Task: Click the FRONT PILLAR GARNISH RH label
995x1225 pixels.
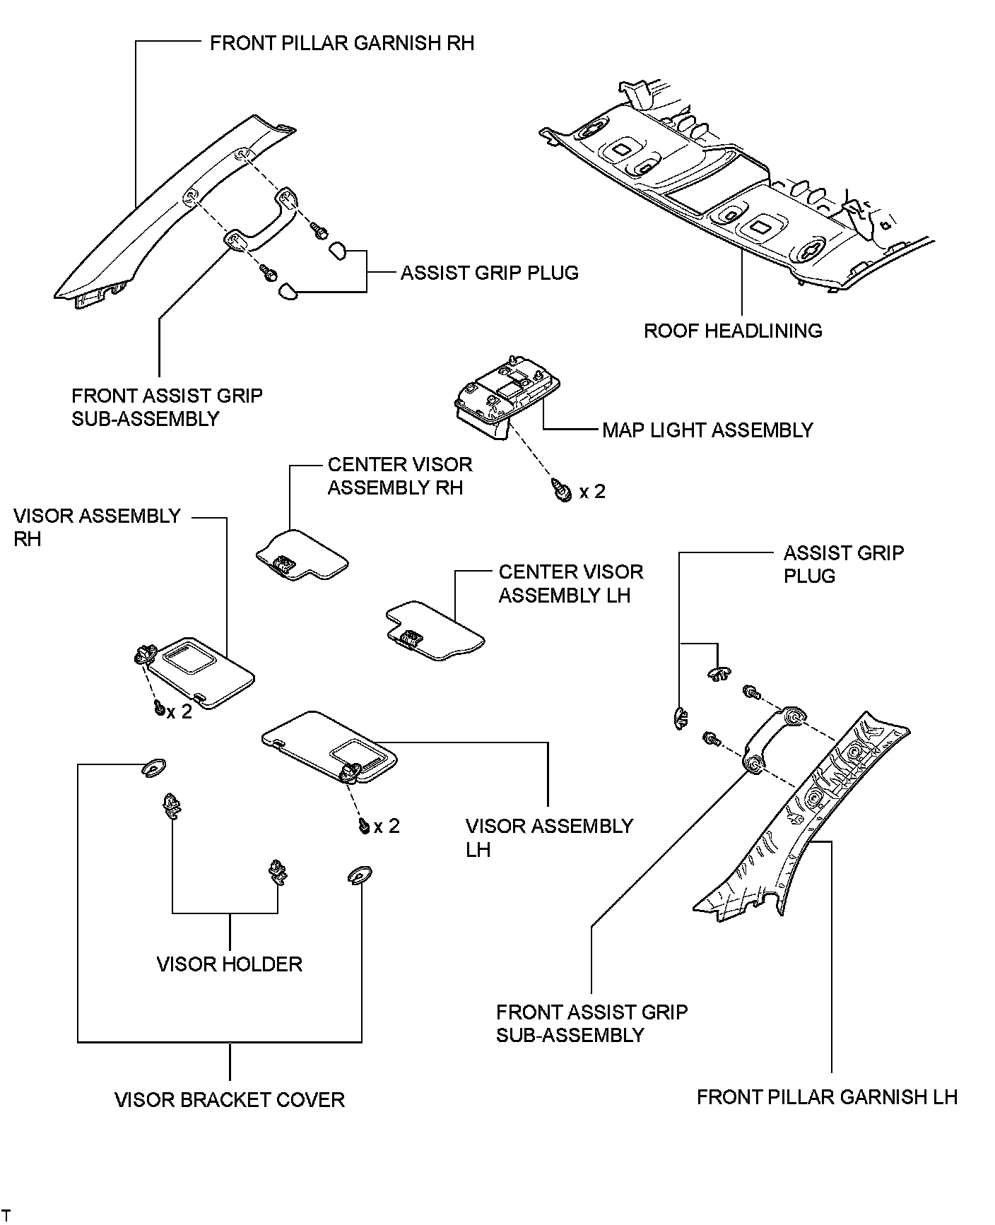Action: (x=342, y=43)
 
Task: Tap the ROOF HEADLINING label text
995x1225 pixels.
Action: (x=733, y=331)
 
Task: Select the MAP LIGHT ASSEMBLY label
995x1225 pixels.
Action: (x=707, y=430)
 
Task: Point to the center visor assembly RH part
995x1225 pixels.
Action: (x=302, y=555)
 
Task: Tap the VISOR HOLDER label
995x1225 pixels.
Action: (x=230, y=964)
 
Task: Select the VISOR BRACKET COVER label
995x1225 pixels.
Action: (x=230, y=1099)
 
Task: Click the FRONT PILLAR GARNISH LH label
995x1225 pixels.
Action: (x=827, y=1096)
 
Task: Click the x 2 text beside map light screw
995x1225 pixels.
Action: (x=592, y=491)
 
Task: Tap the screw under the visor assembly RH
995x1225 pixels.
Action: (x=160, y=708)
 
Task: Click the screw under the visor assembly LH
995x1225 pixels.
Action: (x=365, y=824)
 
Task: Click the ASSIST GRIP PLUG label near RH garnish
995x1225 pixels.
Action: (x=489, y=273)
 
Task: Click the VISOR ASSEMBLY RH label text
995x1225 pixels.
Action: (x=97, y=527)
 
